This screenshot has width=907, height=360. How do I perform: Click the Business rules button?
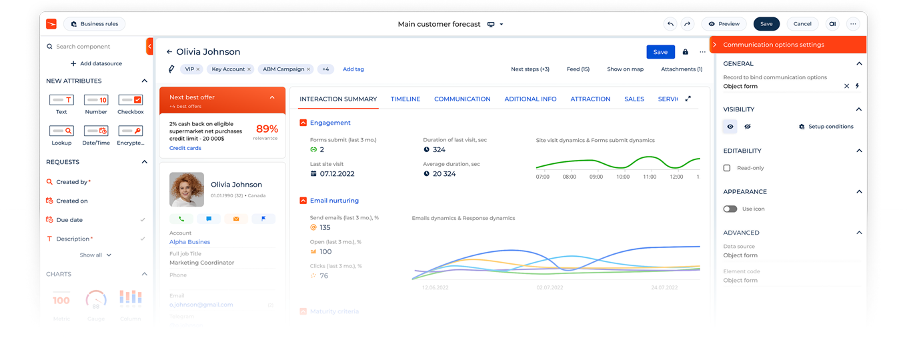95,24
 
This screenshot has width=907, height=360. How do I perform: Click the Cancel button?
802,24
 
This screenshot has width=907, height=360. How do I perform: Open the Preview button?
724,24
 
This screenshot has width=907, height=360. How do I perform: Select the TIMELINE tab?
405,99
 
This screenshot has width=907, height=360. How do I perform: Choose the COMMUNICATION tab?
462,99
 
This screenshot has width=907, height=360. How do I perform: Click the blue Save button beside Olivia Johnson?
660,52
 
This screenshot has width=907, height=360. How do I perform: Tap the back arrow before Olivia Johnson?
169,52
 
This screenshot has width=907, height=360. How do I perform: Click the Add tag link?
353,69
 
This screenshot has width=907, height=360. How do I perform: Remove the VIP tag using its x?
198,69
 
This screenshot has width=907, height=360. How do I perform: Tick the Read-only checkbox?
727,168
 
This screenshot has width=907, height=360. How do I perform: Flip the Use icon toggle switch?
730,209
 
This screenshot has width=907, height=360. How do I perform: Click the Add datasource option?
96,64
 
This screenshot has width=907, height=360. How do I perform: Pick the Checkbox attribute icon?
131,100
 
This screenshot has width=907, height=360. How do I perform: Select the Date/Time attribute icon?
96,131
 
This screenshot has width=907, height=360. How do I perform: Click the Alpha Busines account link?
189,242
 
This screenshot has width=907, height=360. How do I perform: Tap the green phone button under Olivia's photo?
181,219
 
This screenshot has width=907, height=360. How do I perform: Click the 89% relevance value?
267,129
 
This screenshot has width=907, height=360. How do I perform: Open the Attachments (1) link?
682,69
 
